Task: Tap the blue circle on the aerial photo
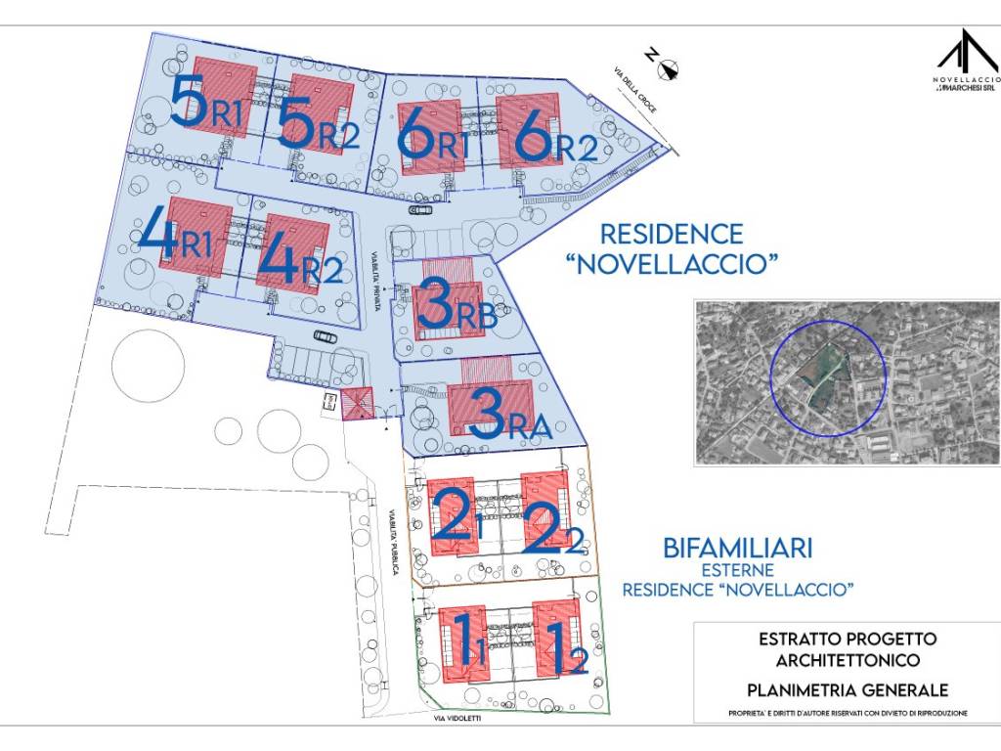[828, 375]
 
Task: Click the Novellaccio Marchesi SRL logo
[966, 63]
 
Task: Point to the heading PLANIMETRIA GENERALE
[848, 689]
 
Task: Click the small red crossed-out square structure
[356, 403]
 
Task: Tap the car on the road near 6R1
[421, 209]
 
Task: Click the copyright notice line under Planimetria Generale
[848, 713]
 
